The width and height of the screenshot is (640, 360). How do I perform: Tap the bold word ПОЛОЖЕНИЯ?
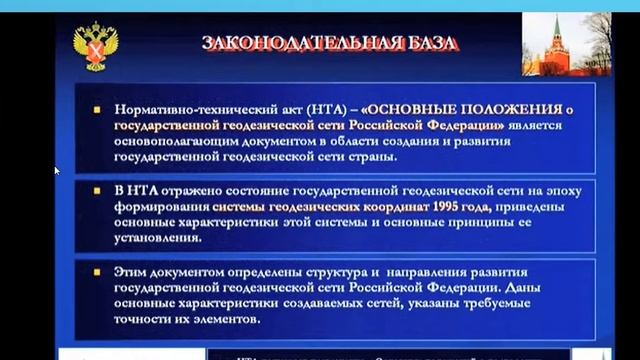pyautogui.click(x=514, y=108)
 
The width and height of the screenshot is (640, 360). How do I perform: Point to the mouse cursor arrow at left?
pyautogui.click(x=57, y=170)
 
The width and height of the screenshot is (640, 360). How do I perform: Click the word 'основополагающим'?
pyautogui.click(x=171, y=140)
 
